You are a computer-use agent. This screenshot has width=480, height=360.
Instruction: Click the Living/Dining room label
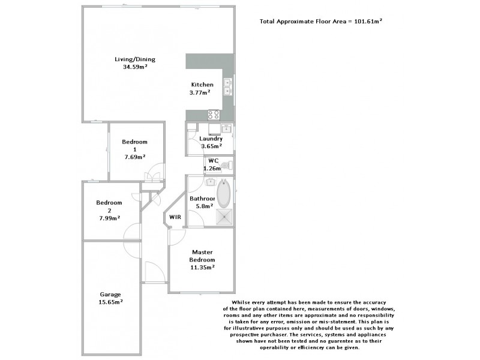(135, 59)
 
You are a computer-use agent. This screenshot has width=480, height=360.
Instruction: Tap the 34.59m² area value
(135, 67)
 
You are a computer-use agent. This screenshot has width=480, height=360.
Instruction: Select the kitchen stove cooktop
(213, 114)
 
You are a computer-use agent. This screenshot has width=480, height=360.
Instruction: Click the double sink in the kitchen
(228, 88)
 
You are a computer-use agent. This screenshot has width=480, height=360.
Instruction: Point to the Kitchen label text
(202, 85)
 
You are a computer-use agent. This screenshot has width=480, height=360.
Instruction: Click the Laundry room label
(211, 139)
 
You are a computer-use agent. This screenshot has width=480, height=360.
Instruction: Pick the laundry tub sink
(226, 128)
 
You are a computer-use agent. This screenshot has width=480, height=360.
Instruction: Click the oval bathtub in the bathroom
(223, 193)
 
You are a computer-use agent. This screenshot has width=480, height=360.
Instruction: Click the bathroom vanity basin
(211, 182)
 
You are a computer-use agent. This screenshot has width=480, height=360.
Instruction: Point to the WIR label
(175, 217)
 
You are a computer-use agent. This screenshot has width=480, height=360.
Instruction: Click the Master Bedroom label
(203, 256)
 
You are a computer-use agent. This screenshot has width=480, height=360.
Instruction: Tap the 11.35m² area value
(203, 267)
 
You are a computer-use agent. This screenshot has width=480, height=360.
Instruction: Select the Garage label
(110, 294)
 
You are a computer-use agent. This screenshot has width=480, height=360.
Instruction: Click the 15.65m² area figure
(110, 302)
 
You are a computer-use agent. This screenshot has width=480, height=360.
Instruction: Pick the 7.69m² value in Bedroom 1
(134, 157)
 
